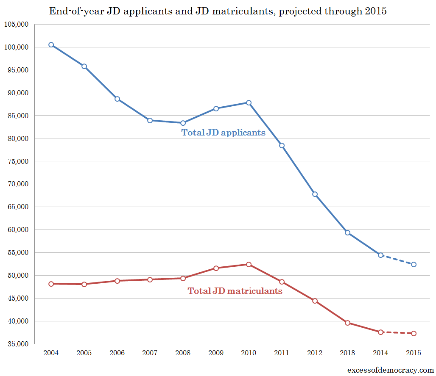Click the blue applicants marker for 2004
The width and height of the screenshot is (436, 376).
[51, 44]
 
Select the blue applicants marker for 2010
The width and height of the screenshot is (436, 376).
[249, 102]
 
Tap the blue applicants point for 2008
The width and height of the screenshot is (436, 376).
[183, 123]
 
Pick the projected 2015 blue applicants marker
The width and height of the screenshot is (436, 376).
[414, 264]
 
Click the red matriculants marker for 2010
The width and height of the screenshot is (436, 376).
[249, 264]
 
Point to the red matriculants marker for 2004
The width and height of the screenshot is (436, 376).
[51, 284]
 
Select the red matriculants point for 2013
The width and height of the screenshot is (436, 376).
[347, 323]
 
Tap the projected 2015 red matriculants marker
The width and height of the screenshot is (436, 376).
[414, 333]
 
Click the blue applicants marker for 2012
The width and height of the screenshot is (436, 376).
[315, 194]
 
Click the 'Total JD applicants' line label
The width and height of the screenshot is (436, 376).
[224, 133]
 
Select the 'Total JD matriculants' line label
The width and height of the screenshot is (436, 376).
[235, 291]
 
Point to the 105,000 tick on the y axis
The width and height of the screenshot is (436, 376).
[16, 24]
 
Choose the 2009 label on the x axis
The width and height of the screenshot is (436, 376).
[215, 353]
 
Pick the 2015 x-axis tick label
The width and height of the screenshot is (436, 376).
[414, 353]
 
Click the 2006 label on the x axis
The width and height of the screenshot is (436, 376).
[117, 353]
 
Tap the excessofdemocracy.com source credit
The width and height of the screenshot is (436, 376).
[390, 370]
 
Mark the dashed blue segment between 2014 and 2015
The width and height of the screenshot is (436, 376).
[397, 260]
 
